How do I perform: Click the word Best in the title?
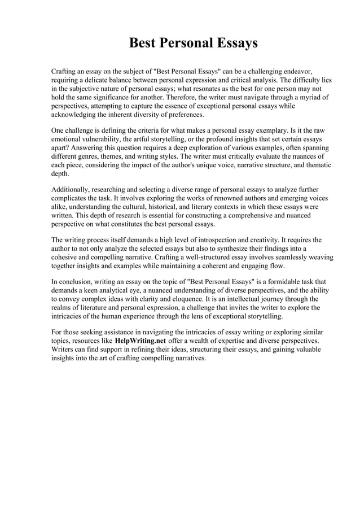142,43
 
